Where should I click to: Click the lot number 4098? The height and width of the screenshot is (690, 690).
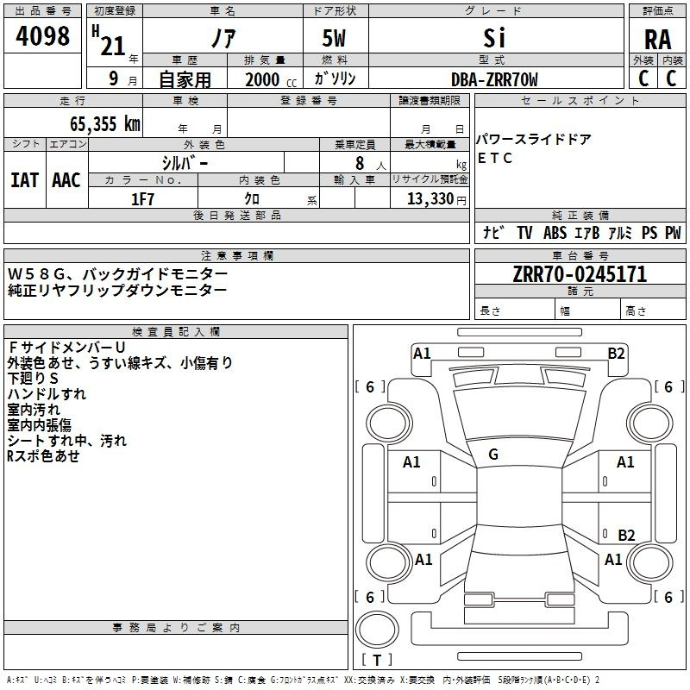[42, 37]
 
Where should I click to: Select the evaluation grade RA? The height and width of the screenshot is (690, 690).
[657, 40]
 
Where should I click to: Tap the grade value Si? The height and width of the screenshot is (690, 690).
[493, 38]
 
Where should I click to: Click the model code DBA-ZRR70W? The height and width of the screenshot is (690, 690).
[494, 79]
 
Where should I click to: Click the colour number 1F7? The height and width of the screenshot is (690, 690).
[142, 198]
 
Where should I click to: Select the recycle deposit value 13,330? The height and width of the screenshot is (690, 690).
[428, 198]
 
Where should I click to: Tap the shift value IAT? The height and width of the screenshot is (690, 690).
[24, 179]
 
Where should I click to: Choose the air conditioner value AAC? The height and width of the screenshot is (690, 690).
[66, 179]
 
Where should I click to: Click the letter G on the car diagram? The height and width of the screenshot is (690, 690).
[493, 455]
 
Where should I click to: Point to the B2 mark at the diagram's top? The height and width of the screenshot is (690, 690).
[616, 353]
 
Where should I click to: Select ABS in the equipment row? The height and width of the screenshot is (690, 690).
[555, 232]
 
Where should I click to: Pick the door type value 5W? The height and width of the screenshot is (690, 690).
[336, 39]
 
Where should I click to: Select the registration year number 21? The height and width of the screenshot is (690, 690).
[112, 45]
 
